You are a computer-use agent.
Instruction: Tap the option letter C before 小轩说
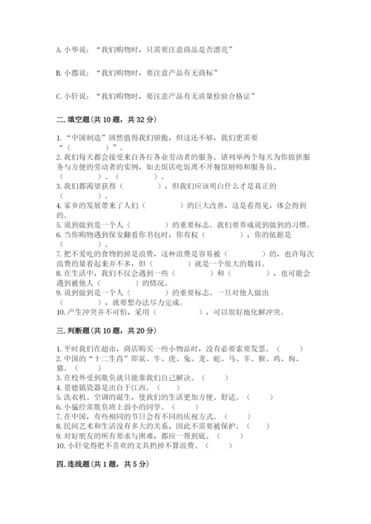pos(59,95)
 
